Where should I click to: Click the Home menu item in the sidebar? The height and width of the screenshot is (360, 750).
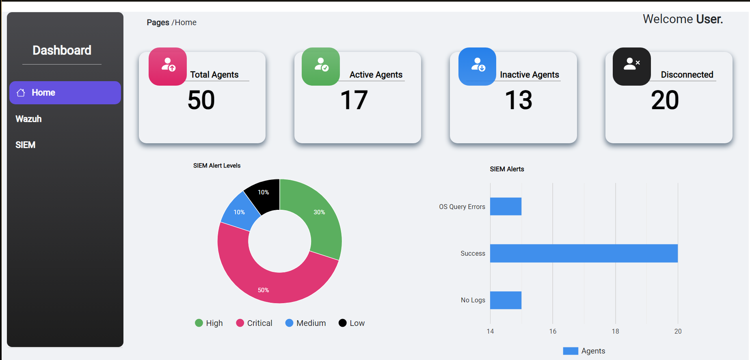(x=65, y=93)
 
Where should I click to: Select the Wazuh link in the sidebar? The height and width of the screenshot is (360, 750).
(x=28, y=119)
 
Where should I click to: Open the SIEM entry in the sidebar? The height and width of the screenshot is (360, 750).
(x=25, y=145)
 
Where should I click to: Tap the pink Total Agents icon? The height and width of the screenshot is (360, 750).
(x=168, y=66)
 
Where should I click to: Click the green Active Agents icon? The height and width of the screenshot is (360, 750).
(x=321, y=66)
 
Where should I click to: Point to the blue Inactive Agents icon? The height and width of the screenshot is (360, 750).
(x=477, y=66)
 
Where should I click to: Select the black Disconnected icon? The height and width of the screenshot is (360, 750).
(x=631, y=66)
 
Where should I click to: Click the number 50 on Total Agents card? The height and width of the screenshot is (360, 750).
(x=201, y=100)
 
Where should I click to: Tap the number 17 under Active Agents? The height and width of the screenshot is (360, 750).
(x=354, y=100)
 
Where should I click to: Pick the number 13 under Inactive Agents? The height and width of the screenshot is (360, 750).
(x=519, y=100)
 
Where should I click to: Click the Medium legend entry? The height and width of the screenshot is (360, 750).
(x=306, y=323)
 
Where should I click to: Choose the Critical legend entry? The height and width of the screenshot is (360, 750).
(x=254, y=323)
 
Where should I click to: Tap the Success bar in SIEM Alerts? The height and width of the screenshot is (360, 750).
(x=584, y=253)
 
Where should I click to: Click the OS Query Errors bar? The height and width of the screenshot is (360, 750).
(x=506, y=207)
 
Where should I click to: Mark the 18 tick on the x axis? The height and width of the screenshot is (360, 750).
(x=615, y=331)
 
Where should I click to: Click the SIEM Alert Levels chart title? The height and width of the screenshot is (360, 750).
(x=217, y=166)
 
